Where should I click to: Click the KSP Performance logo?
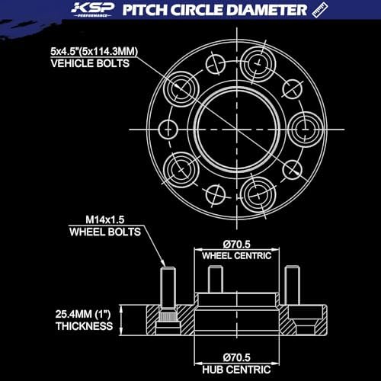[92, 10]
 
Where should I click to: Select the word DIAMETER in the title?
[267, 10]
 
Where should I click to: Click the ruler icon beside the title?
[319, 10]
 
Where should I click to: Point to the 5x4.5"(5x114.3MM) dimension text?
[94, 52]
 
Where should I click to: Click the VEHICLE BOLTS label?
[90, 63]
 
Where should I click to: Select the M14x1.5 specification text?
[105, 219]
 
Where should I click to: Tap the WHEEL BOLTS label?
[105, 232]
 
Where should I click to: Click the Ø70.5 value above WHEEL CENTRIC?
[237, 245]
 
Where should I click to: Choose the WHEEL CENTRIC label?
[237, 256]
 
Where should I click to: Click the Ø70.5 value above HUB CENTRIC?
[237, 357]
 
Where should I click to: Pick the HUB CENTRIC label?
[236, 370]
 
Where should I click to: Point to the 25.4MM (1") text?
[83, 314]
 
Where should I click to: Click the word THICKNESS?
[85, 326]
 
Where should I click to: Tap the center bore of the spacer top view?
[237, 130]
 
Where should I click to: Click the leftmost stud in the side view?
[168, 287]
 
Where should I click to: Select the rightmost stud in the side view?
[292, 285]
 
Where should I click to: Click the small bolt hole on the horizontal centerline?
[168, 130]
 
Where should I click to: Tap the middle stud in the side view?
[216, 279]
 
